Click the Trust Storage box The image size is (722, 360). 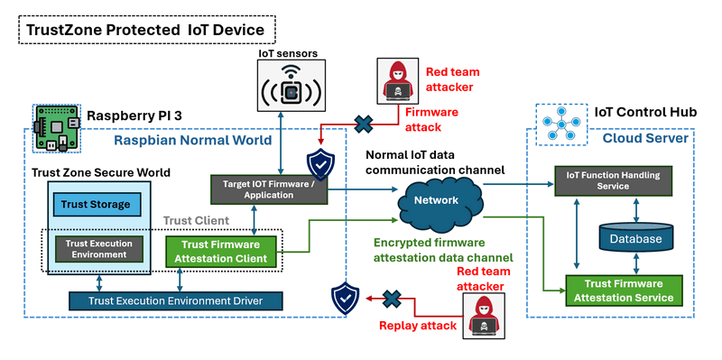point(96,205)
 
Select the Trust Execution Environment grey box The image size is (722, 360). point(99,249)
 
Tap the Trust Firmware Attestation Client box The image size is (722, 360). point(220,252)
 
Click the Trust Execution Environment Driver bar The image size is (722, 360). point(175,301)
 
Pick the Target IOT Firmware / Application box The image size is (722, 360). point(268,189)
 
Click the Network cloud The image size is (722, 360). point(436,200)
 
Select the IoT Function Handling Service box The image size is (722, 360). point(613,181)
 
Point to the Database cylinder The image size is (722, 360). point(635,238)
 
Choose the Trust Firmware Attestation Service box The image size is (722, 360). point(623,291)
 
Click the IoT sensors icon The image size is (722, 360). point(290,86)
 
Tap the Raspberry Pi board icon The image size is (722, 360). point(57,128)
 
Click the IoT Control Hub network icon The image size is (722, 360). point(561,125)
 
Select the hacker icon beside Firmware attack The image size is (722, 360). point(397,79)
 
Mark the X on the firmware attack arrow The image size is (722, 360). point(364,124)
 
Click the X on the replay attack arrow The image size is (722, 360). point(392,299)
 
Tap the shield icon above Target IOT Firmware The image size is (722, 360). point(320,164)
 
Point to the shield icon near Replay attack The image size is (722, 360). point(346,300)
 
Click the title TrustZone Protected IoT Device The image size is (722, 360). point(145,30)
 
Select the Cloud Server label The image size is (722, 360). point(645,138)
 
